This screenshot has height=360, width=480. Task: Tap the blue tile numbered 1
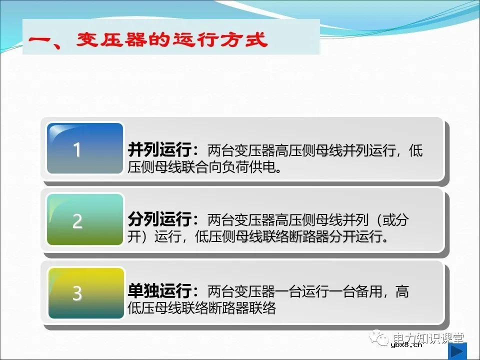point(85,148)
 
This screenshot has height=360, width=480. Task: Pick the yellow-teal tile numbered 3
point(85,293)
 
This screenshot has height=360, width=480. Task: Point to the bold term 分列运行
point(159,220)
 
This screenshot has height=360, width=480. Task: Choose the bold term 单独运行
point(159,292)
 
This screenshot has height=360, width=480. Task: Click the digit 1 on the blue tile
point(77,150)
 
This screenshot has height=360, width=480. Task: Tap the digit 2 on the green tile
point(77,221)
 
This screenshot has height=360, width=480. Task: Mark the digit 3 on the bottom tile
point(77,294)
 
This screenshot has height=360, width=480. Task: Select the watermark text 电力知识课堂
point(428,338)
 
